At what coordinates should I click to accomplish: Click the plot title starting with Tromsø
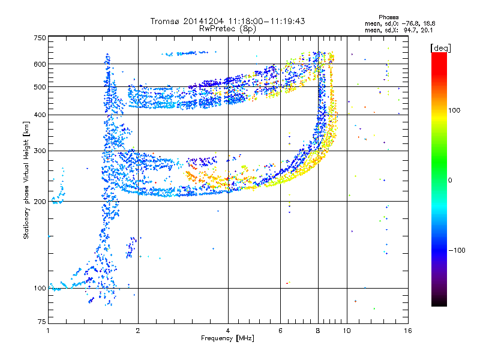(x=227, y=21)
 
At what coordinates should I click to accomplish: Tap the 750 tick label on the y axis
(x=40, y=38)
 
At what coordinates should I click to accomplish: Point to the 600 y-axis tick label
(x=40, y=64)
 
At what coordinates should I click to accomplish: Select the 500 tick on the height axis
(x=40, y=86)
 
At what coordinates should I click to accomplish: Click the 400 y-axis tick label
(x=40, y=115)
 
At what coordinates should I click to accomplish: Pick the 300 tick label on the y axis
(x=40, y=151)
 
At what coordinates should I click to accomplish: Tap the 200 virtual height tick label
(x=40, y=201)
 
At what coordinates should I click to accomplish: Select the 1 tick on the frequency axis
(x=48, y=331)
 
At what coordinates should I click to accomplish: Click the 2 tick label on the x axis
(x=138, y=331)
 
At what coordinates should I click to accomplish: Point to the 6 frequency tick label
(x=280, y=331)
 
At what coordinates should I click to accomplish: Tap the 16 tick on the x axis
(x=407, y=331)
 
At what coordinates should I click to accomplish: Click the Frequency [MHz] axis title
(x=227, y=338)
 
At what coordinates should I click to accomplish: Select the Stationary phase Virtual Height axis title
(x=26, y=180)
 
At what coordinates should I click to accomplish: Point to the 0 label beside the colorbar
(x=451, y=180)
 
